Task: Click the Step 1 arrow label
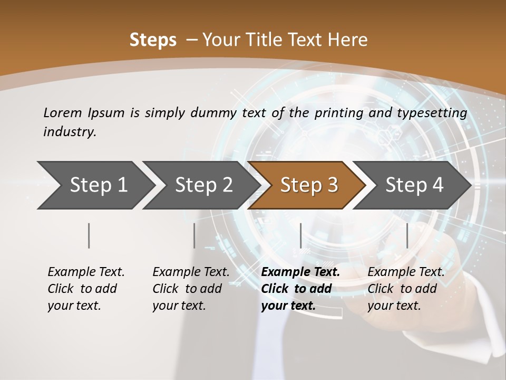[x=99, y=185]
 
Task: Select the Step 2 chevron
[x=204, y=185]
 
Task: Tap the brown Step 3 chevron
[x=309, y=185]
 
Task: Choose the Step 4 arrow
[x=414, y=185]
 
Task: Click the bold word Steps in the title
[x=153, y=40]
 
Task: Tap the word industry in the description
[x=70, y=131]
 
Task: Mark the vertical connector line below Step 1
[x=89, y=235]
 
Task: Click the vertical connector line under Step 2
[x=194, y=235]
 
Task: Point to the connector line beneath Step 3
[x=300, y=235]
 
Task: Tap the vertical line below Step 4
[x=407, y=235]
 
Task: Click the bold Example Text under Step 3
[x=300, y=272]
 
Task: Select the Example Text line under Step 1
[x=86, y=272]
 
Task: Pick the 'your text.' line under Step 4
[x=394, y=306]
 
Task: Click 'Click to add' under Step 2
[x=187, y=289]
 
